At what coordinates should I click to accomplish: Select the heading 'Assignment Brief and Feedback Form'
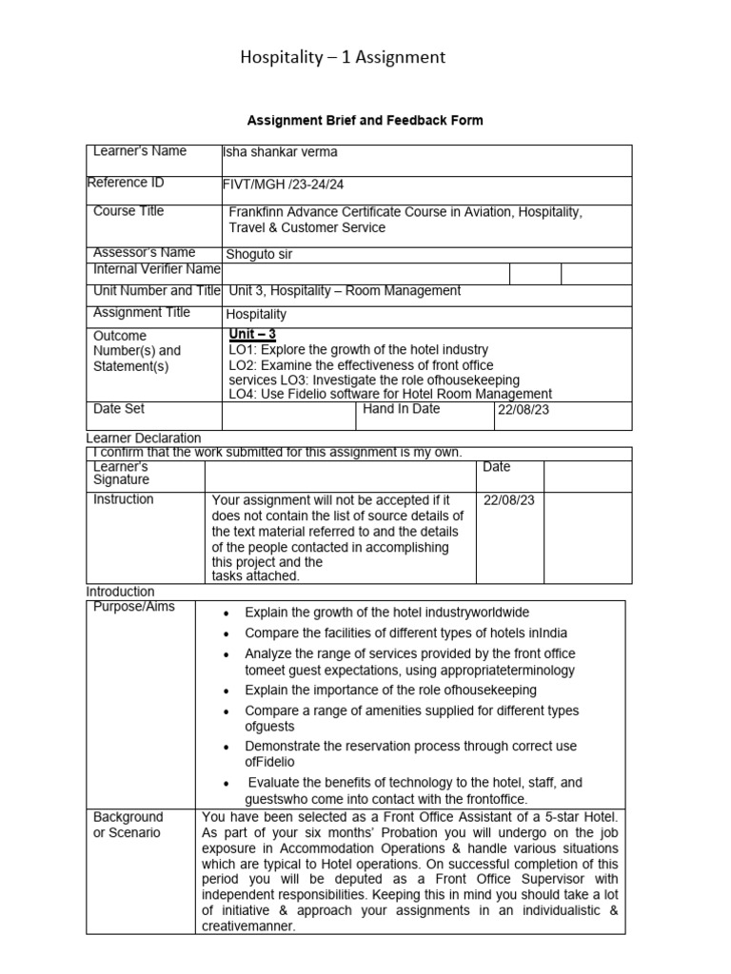[365, 121]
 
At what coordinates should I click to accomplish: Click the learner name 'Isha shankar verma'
[279, 152]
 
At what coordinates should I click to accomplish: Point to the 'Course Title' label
[128, 211]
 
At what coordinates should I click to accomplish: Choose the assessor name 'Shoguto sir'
[258, 254]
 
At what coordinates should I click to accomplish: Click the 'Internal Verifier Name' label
[156, 270]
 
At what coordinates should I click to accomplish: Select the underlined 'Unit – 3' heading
[252, 334]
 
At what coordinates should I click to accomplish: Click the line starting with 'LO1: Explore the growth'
[359, 350]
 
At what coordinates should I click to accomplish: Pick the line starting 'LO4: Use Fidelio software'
[390, 393]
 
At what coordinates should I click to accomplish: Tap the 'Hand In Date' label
[400, 408]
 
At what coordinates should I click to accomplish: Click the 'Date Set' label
[119, 408]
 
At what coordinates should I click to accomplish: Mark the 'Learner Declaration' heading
[144, 438]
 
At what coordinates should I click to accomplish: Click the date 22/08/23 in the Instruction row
[506, 500]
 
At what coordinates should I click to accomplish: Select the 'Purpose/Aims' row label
[134, 607]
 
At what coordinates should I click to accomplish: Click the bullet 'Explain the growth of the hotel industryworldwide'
[386, 613]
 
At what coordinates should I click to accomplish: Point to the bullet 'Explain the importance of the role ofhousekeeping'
[390, 690]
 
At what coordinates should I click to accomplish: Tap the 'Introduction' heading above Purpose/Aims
[120, 592]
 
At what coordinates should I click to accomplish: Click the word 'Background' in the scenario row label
[128, 817]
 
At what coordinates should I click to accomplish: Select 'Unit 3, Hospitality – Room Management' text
[345, 291]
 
